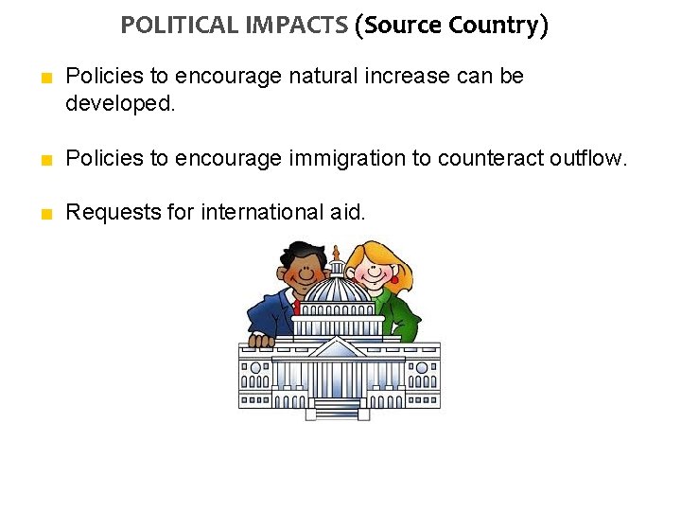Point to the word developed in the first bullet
pyautogui.click(x=120, y=102)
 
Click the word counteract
pyautogui.click(x=488, y=158)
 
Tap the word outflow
pyautogui.click(x=587, y=158)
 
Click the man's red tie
pyautogui.click(x=296, y=306)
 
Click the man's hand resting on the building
pyautogui.click(x=260, y=339)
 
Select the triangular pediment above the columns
pyautogui.click(x=338, y=348)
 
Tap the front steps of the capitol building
pyautogui.click(x=338, y=409)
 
